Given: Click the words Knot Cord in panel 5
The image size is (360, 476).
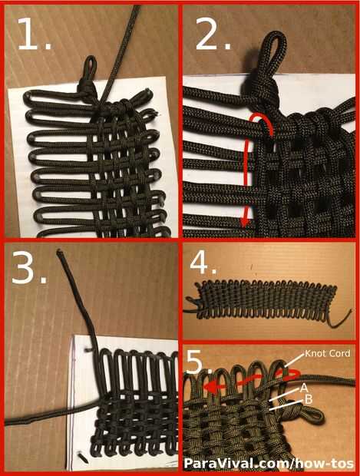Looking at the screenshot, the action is coord(327,353).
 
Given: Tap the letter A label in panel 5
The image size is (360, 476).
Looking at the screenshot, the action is coord(303,388).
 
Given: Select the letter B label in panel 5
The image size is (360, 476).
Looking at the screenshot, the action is coord(309,399).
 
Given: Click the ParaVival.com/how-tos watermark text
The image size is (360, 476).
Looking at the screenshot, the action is coord(269,464).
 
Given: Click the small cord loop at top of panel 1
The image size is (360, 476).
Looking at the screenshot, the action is coord(90,68).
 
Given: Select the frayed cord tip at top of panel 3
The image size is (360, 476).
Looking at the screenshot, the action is coord(59,252).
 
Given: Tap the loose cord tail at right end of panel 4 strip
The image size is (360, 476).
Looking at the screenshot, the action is coord(340,321).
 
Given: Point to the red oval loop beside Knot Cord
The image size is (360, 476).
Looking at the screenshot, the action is coord(292,375).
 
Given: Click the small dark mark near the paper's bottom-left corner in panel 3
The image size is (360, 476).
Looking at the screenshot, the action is coord(83,458).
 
